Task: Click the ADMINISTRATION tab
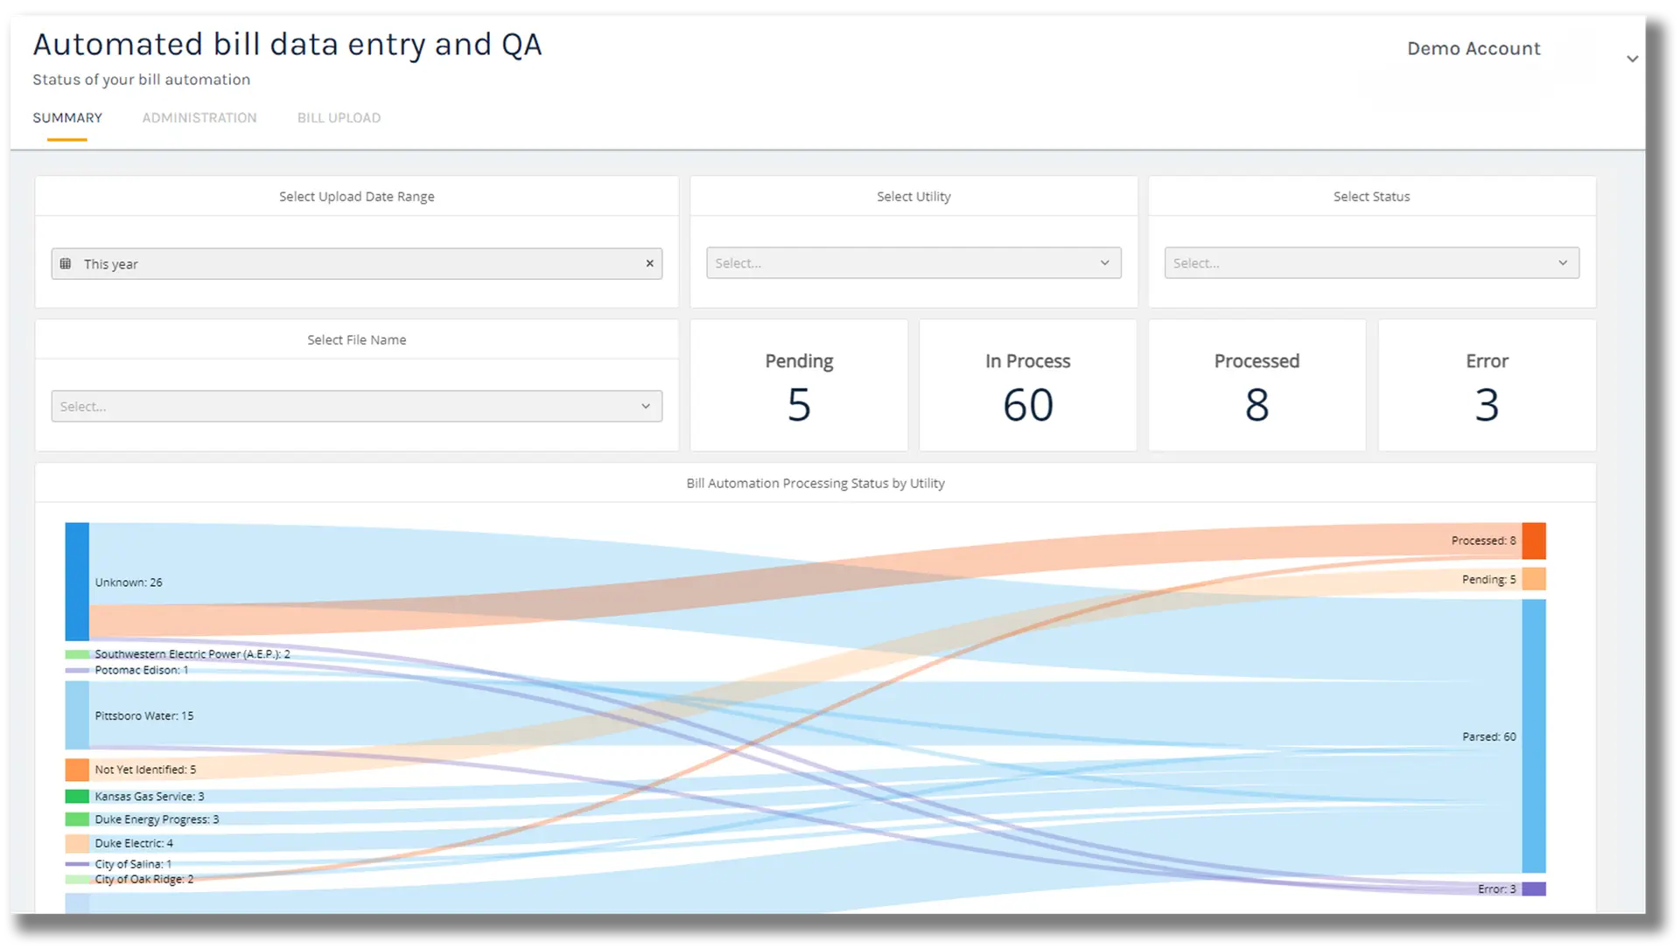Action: (199, 118)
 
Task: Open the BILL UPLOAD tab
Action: (339, 118)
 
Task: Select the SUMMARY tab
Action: (67, 118)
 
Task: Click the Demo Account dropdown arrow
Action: (1632, 59)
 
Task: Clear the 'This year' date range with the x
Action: (649, 263)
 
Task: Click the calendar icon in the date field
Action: (66, 263)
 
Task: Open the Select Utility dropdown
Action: (913, 263)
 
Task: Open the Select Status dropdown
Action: (1371, 263)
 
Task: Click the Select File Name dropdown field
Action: (356, 407)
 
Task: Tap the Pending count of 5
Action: (799, 405)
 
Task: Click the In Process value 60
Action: (1028, 405)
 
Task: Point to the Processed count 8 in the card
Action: (1256, 405)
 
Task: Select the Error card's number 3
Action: (1487, 405)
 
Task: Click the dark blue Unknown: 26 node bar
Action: (77, 582)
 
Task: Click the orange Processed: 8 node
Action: (1534, 541)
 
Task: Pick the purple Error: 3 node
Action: (1534, 889)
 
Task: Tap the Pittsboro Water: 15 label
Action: (144, 715)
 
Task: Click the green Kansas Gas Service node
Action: (77, 796)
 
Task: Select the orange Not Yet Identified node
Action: (77, 770)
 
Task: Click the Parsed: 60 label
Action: (1488, 736)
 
